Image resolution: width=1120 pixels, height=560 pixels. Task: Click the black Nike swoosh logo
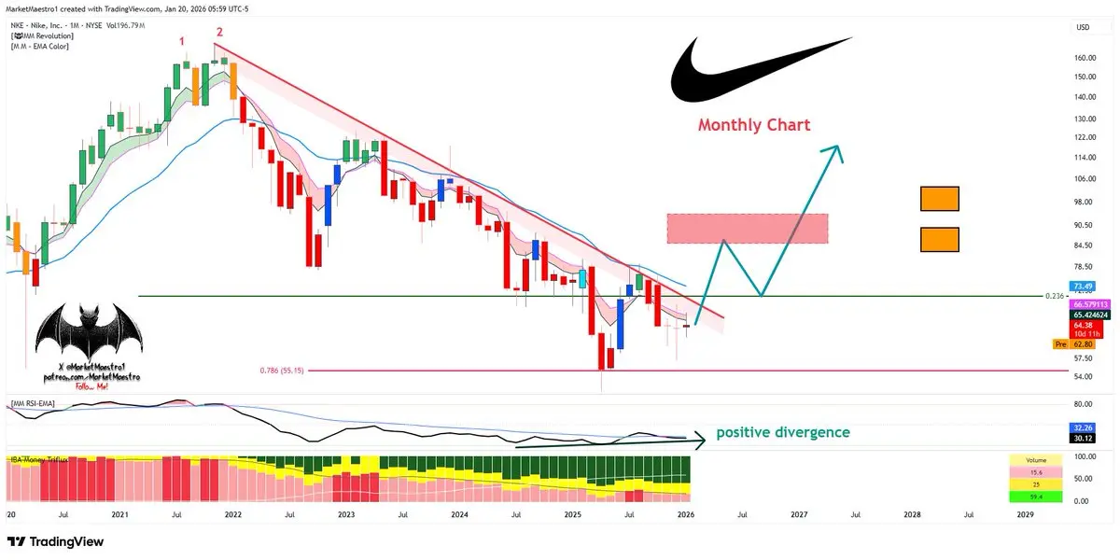click(737, 75)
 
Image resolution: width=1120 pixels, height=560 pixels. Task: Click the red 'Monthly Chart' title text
click(754, 125)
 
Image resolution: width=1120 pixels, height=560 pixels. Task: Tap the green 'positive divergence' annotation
click(783, 433)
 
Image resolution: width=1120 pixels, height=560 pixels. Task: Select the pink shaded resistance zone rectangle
click(748, 229)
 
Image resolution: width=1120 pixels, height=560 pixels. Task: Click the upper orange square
click(939, 199)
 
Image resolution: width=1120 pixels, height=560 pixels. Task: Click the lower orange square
click(939, 240)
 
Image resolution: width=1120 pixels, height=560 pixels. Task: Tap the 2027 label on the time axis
click(799, 514)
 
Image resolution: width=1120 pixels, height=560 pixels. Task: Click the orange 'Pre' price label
click(1059, 344)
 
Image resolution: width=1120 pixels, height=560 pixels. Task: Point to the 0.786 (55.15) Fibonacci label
click(279, 371)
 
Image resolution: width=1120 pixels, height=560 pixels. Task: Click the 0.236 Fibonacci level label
click(1055, 296)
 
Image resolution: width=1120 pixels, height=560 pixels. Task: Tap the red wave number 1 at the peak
click(182, 42)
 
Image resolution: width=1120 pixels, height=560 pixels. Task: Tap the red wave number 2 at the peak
click(219, 33)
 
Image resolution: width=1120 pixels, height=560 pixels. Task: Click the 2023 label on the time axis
click(345, 514)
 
